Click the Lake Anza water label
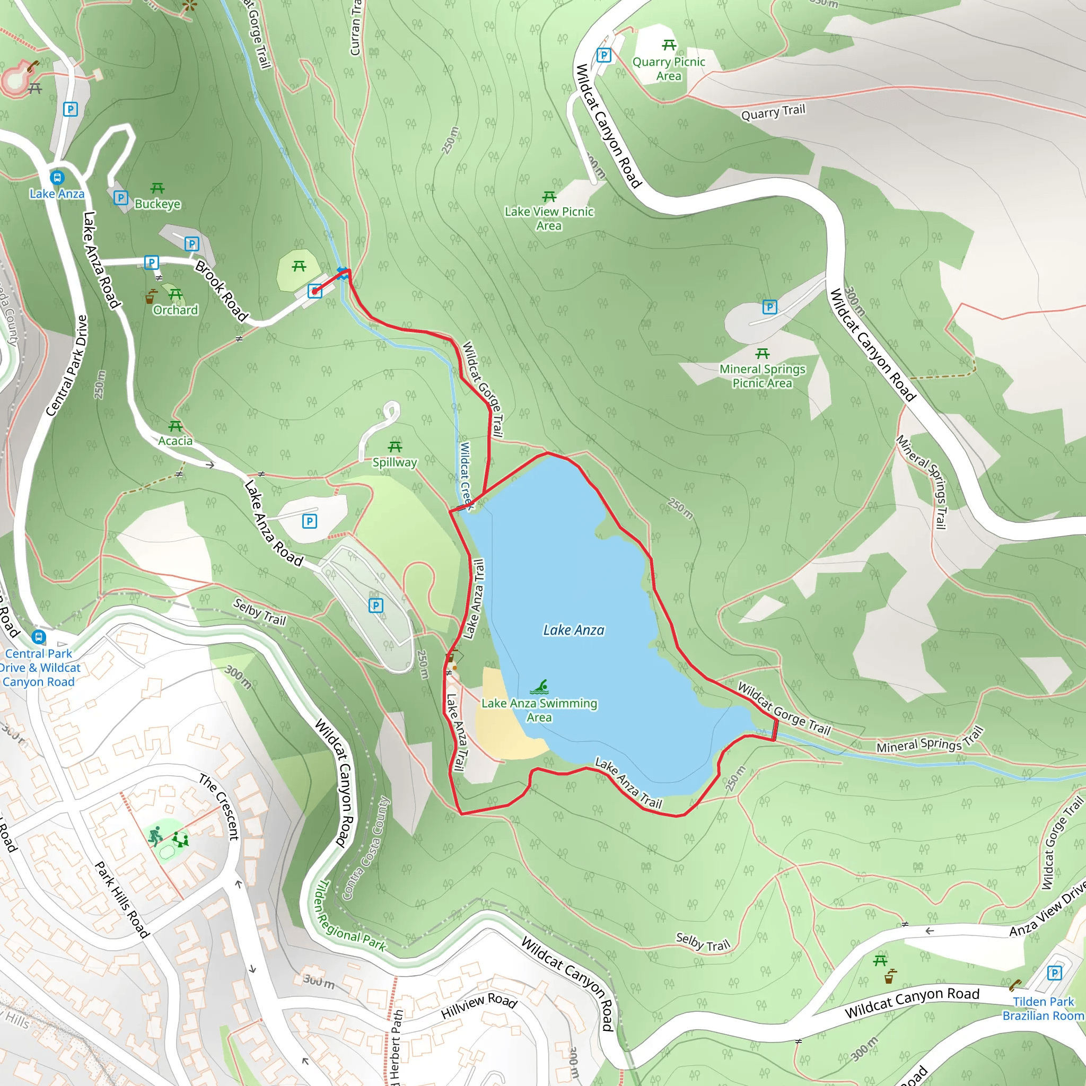(x=573, y=630)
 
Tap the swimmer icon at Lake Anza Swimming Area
(x=539, y=686)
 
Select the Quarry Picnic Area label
(x=668, y=68)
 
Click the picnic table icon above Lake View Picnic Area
(x=549, y=196)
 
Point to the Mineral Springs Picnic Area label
(x=762, y=375)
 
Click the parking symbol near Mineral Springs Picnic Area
(x=769, y=307)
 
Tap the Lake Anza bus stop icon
(x=57, y=178)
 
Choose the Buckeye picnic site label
(x=157, y=204)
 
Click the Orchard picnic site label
(x=176, y=310)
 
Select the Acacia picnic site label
(x=175, y=441)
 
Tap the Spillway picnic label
(x=395, y=462)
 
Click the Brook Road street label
(x=222, y=291)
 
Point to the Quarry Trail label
(x=773, y=112)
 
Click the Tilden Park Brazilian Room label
(x=1043, y=1009)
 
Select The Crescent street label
(x=219, y=807)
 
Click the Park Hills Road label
(x=121, y=899)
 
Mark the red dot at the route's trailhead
(x=315, y=291)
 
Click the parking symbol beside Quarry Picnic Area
(x=603, y=55)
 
